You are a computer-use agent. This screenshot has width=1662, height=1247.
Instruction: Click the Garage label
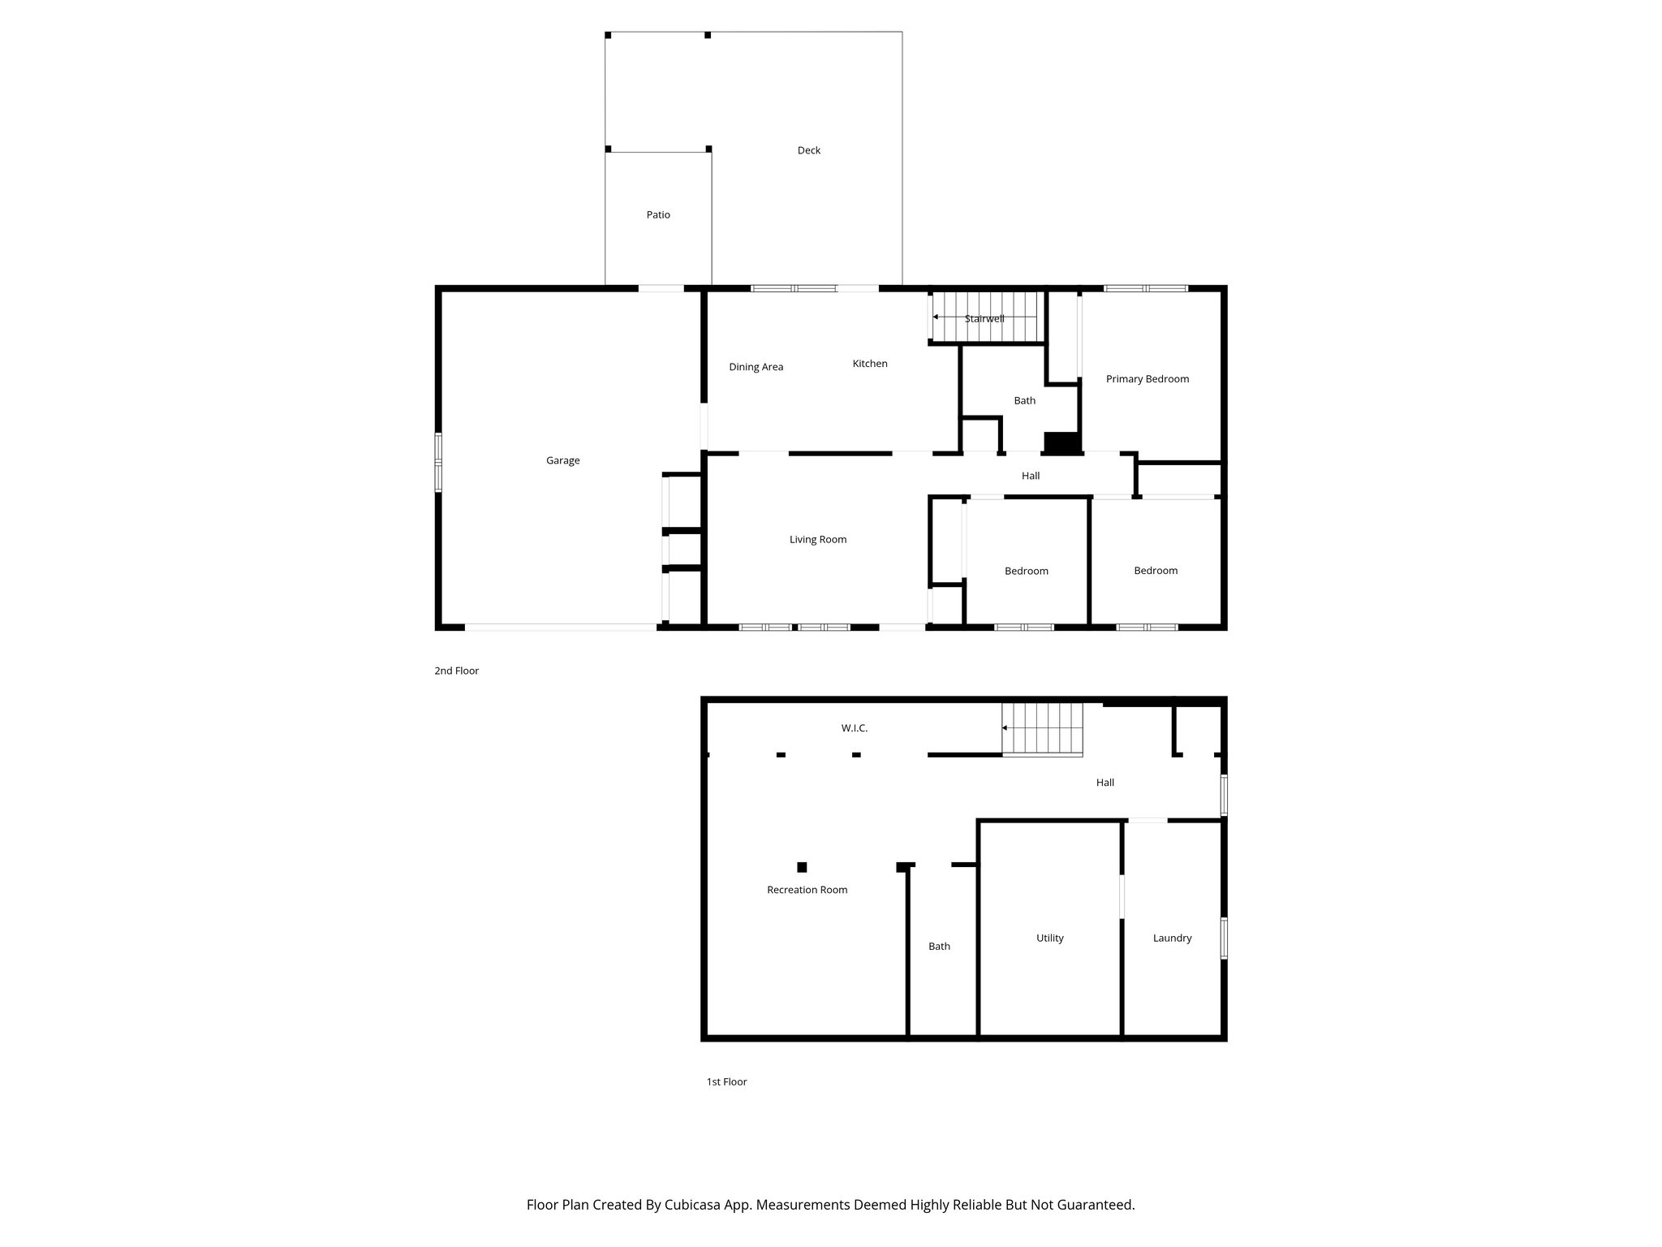click(x=562, y=460)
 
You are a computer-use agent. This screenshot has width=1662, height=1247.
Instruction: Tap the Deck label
click(x=808, y=150)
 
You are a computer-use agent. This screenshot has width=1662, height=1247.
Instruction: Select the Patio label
click(x=658, y=215)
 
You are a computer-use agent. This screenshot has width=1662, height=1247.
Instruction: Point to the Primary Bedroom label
click(x=1147, y=379)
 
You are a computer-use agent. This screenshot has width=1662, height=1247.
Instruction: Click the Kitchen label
click(x=869, y=364)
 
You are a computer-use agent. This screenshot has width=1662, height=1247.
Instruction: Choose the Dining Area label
click(x=756, y=367)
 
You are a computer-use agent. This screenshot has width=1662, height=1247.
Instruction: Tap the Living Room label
click(x=817, y=539)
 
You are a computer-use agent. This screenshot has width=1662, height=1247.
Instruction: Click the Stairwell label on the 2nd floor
click(x=984, y=319)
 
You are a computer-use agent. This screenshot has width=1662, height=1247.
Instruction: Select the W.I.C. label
click(x=854, y=728)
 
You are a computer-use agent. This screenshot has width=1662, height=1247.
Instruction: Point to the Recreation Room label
click(x=807, y=890)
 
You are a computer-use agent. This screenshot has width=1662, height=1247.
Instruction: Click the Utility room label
click(x=1049, y=938)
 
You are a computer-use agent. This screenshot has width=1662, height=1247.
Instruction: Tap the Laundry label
click(x=1172, y=938)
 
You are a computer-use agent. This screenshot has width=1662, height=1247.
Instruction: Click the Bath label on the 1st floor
click(x=939, y=946)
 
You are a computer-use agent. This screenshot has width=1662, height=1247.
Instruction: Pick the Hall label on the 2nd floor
click(x=1030, y=476)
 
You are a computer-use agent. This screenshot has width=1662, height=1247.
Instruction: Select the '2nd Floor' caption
click(x=456, y=671)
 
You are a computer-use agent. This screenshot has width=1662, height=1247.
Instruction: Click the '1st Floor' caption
click(x=726, y=1081)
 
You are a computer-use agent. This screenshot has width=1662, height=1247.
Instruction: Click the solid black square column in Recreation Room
click(x=802, y=867)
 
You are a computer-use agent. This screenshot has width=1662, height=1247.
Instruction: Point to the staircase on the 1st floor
click(x=1043, y=729)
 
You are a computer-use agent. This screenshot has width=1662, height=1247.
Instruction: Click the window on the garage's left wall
click(x=438, y=463)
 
